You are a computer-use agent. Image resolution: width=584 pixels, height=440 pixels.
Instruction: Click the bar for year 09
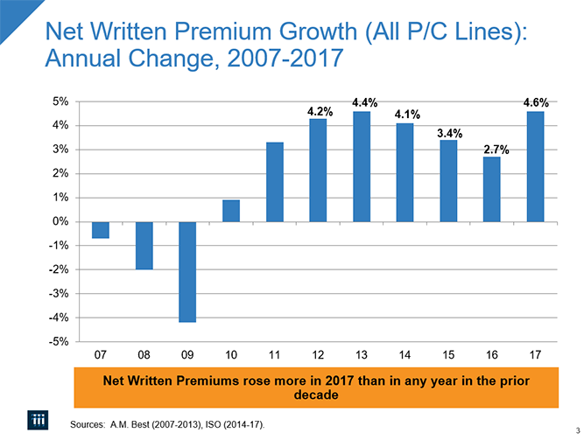pos(187,271)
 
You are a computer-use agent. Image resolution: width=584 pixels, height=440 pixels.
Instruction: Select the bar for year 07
pos(101,229)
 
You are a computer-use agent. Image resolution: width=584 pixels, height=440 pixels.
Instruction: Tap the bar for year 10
pos(231,211)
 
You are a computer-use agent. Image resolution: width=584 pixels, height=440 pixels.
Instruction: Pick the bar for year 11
pos(274,182)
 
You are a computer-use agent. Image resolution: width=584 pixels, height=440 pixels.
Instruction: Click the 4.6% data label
pos(535,102)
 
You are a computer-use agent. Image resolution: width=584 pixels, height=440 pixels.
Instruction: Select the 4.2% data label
pos(320,111)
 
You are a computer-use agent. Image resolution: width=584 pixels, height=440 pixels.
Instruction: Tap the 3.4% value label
pos(449,133)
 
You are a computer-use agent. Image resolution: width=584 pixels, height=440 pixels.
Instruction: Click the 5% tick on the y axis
pos(60,101)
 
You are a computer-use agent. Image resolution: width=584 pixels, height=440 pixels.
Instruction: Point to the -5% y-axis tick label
pos(58,341)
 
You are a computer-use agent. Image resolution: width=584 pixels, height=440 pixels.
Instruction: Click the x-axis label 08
pos(144,355)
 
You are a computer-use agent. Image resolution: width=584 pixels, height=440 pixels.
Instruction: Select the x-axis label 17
pos(535,355)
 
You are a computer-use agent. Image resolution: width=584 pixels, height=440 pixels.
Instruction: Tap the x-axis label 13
pos(361,355)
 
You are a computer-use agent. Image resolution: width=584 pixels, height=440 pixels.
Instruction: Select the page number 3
pos(578,428)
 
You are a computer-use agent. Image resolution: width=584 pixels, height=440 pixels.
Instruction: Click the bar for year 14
pos(405,172)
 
